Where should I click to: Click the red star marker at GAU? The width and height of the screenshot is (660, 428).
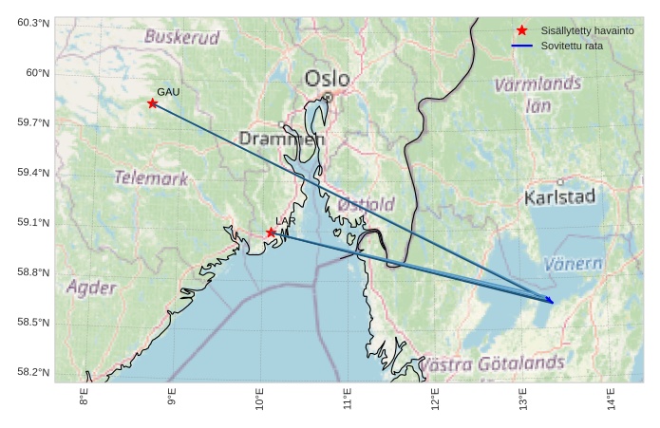coord(152,103)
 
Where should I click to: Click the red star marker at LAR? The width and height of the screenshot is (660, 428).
coord(271,233)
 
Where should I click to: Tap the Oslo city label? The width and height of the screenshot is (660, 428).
coord(327,79)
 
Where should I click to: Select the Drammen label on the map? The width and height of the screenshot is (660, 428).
coord(281,139)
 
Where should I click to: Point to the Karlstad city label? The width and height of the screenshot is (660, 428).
coord(559,197)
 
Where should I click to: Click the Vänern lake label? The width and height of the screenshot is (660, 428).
coord(574,264)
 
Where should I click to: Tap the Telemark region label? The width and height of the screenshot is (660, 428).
coord(151,177)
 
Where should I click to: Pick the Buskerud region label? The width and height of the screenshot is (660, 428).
coord(181,38)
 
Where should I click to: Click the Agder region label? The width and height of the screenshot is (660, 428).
coord(92,288)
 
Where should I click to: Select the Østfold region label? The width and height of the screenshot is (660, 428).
coord(366,204)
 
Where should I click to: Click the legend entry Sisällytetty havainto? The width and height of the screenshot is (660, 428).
coord(587,31)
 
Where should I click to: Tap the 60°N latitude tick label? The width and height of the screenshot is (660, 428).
coord(34,73)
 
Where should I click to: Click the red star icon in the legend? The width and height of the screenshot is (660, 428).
coord(521,31)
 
